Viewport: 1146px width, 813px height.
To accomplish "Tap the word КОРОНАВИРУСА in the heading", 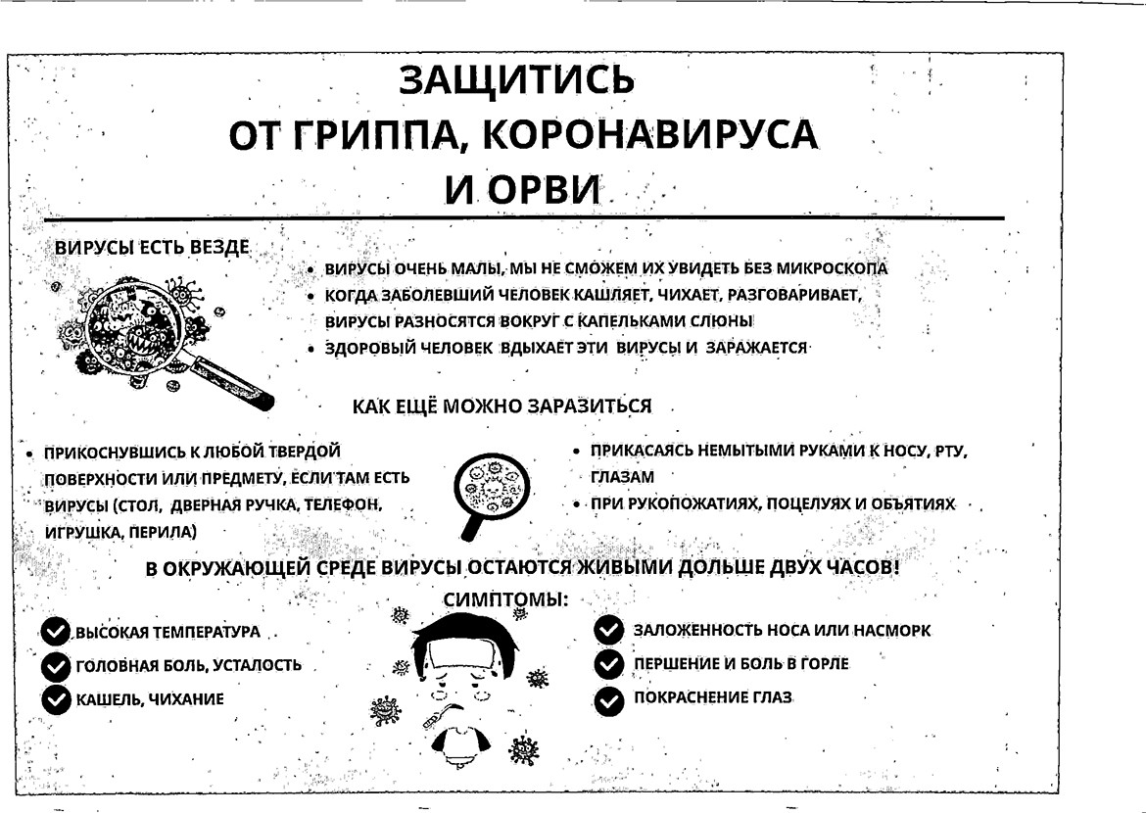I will click(x=650, y=135).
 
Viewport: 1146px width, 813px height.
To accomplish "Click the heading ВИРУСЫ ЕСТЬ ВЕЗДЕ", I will click(x=152, y=248).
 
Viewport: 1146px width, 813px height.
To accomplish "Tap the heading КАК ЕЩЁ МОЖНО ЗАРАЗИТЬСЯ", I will click(x=501, y=406).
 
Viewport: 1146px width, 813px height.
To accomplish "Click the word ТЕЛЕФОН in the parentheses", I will click(x=345, y=505).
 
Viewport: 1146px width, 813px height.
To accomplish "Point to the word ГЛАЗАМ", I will click(x=621, y=477).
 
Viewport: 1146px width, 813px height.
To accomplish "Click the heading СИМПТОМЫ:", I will click(x=505, y=598).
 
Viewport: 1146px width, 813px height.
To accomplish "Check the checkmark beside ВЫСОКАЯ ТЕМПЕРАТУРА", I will click(x=57, y=632).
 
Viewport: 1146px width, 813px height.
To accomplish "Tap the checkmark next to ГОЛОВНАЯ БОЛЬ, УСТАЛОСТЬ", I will click(x=57, y=666).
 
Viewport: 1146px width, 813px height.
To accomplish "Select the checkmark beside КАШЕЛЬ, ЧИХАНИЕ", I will click(x=57, y=699).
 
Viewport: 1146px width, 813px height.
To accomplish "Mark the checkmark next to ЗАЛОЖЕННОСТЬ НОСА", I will click(x=609, y=631).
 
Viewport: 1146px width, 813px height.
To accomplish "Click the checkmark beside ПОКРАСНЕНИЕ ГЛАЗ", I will click(x=609, y=699).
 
